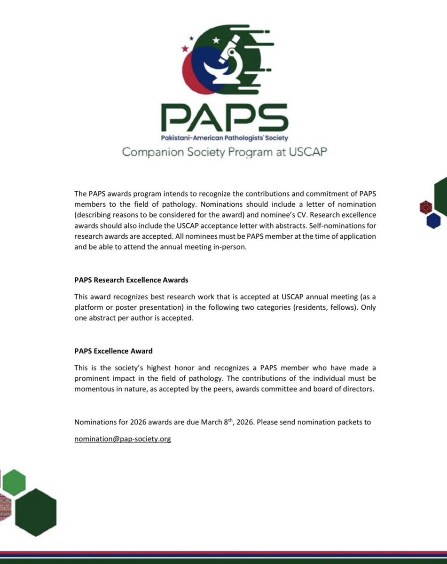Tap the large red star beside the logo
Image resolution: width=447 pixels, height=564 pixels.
point(184,48)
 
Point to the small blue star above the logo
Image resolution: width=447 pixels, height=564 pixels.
point(191,38)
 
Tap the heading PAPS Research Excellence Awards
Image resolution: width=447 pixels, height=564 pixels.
point(131,280)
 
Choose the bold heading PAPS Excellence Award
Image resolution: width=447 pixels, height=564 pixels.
point(113,351)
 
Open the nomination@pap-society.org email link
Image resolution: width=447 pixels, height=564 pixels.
point(123,439)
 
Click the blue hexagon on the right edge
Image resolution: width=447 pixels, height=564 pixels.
point(433,220)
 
